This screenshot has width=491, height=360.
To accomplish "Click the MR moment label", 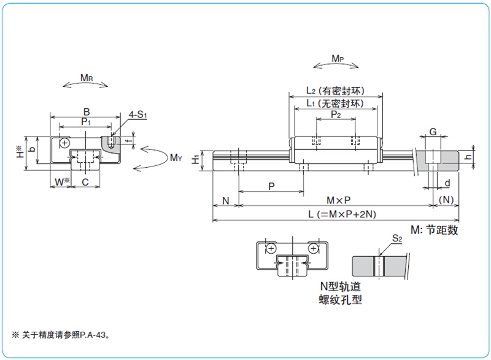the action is [x=87, y=77].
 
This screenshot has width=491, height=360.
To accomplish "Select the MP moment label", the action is [x=338, y=58].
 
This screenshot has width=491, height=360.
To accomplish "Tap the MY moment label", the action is [x=176, y=158].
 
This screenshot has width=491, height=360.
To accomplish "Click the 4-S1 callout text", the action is [x=137, y=115].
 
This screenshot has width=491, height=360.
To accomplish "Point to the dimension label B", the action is [x=87, y=112].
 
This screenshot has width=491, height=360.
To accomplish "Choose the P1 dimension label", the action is [x=85, y=122].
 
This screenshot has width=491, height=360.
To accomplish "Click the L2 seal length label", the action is [x=335, y=91].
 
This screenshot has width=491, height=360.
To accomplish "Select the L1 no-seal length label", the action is [x=335, y=103].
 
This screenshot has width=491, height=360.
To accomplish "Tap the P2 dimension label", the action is [x=336, y=114].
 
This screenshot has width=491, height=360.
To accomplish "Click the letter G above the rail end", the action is [x=433, y=131].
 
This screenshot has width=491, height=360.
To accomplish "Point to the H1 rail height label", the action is [x=195, y=160].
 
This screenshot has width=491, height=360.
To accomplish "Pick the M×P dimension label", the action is [x=339, y=200].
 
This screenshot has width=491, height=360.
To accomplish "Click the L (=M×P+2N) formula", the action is [x=342, y=214].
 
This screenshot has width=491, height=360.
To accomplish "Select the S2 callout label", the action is [x=397, y=238].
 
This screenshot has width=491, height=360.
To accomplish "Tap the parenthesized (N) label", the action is [x=446, y=200].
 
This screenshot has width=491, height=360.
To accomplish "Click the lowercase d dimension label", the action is [x=447, y=182].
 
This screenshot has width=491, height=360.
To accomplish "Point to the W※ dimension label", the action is [x=62, y=181].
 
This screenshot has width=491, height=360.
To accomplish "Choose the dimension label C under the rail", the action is [x=85, y=182].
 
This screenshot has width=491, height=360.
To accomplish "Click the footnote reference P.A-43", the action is [x=93, y=335].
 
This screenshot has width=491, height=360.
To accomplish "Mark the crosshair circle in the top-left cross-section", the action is [x=64, y=143].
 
